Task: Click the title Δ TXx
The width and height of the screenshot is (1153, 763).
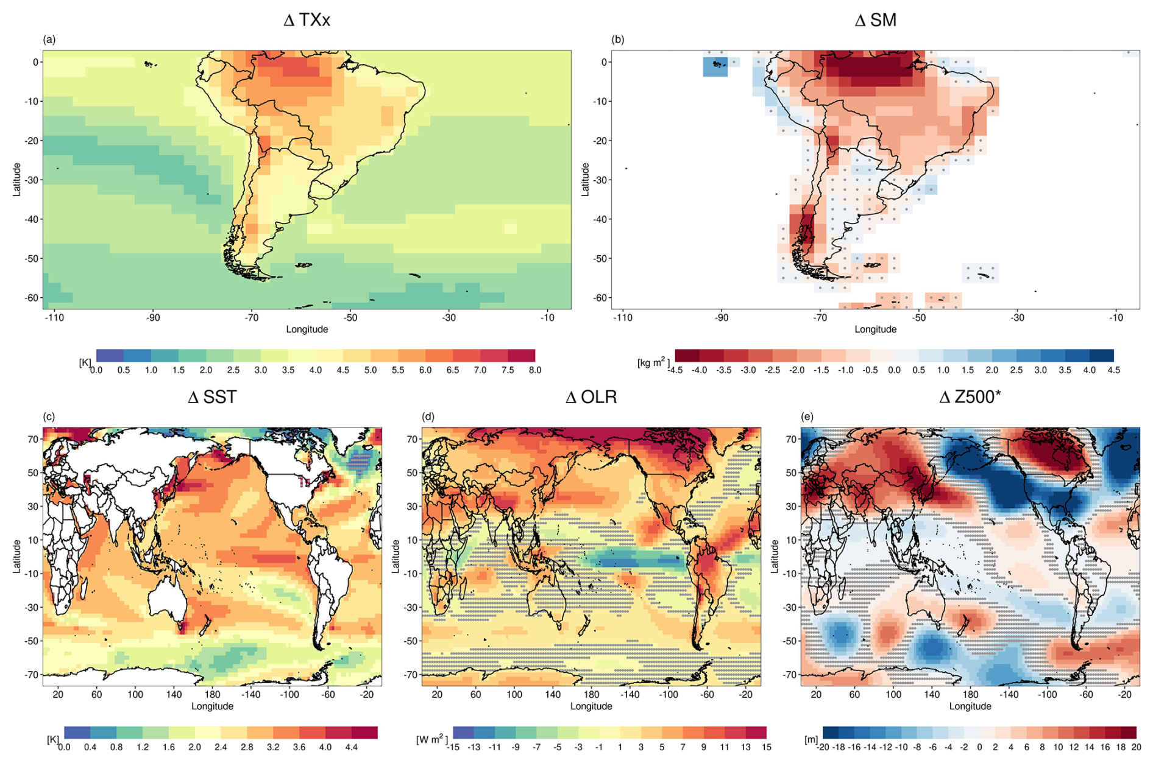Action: click(x=307, y=21)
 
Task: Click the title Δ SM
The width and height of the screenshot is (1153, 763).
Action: click(x=875, y=21)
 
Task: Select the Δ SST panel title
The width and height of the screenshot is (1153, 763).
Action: click(x=211, y=398)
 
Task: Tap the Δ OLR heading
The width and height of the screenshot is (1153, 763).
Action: click(x=591, y=398)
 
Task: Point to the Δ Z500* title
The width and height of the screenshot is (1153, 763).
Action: click(x=970, y=398)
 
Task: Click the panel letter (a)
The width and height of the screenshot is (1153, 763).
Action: click(x=49, y=40)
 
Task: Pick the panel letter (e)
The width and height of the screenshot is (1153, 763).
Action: click(x=807, y=417)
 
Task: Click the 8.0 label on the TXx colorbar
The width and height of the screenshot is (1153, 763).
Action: click(x=534, y=370)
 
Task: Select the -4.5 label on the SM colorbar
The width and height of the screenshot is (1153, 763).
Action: click(x=675, y=370)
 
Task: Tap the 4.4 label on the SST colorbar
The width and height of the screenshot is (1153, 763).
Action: click(x=351, y=747)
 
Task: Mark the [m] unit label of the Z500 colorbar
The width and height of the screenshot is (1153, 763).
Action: click(x=811, y=740)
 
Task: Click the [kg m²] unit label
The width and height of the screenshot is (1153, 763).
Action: click(x=653, y=363)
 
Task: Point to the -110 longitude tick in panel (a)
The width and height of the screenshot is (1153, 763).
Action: click(x=54, y=317)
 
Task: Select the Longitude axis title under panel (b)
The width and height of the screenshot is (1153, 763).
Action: click(x=875, y=329)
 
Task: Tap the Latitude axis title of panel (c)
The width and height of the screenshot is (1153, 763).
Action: click(x=17, y=556)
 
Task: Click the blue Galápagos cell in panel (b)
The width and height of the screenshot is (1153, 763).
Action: click(x=715, y=66)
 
